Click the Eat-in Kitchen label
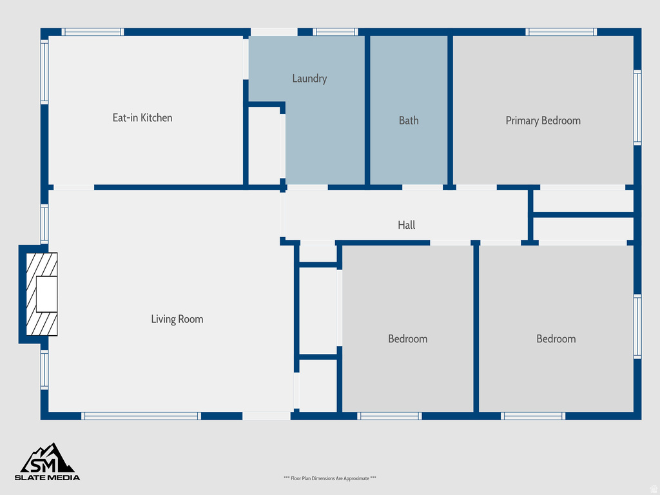(142, 117)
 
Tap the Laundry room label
(309, 79)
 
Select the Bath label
(409, 121)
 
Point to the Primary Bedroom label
(543, 121)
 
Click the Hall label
(406, 225)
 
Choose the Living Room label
(177, 319)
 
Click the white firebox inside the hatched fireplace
(47, 295)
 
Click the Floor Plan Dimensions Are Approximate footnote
(329, 478)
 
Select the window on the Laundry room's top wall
(335, 32)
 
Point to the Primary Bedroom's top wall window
(561, 32)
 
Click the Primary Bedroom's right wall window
(637, 107)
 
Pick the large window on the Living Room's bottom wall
(141, 416)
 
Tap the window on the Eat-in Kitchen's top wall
(93, 32)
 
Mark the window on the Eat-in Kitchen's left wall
(44, 72)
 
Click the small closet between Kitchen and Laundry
(264, 146)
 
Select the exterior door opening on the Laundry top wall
(274, 32)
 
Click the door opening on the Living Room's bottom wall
(266, 416)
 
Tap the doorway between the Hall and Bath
(422, 188)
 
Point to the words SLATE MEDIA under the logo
(48, 478)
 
